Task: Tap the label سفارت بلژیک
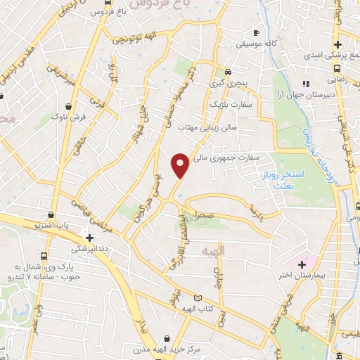(236, 104)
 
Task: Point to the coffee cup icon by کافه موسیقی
(256, 32)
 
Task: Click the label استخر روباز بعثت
(285, 177)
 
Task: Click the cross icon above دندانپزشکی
(89, 238)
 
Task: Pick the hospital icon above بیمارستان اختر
(302, 265)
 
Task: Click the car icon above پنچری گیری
(228, 72)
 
